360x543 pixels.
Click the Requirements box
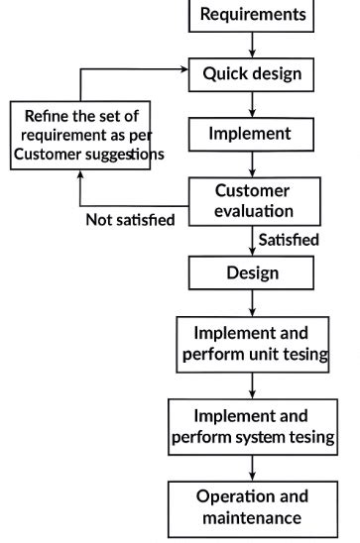click(x=253, y=15)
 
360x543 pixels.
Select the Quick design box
click(x=252, y=73)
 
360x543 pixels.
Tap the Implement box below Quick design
click(x=252, y=133)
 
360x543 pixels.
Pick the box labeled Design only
click(x=252, y=272)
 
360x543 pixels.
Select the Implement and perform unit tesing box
click(x=252, y=343)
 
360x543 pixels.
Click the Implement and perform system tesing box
click(x=252, y=425)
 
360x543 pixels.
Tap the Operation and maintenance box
click(x=252, y=506)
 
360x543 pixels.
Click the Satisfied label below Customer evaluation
click(x=289, y=241)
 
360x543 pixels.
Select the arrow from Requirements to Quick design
click(x=253, y=44)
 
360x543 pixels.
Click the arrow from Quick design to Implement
click(x=253, y=104)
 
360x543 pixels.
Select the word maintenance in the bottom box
click(x=252, y=517)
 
